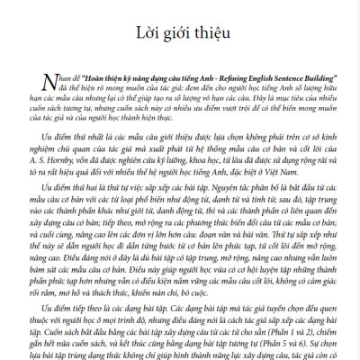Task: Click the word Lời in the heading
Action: (x=150, y=35)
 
